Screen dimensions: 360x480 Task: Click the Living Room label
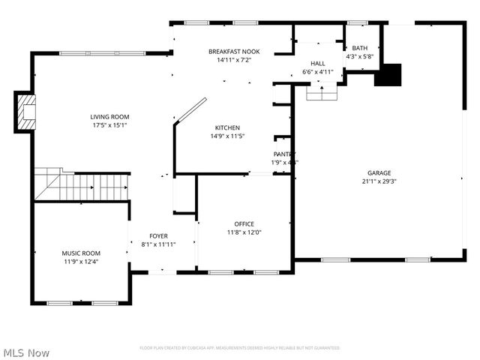point(109,116)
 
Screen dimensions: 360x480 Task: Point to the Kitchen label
point(228,127)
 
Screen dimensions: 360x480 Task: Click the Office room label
point(244,223)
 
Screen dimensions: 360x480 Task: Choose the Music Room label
point(80,253)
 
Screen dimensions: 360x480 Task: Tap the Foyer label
point(158,235)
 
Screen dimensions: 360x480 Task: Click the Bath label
point(359,47)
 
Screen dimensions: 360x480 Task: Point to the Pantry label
point(284,154)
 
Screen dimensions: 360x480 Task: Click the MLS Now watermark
point(27,352)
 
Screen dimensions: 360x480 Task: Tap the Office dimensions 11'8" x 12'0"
point(244,232)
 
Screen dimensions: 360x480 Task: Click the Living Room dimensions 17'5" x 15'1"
point(109,125)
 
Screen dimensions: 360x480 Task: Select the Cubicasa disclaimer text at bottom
point(239,348)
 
